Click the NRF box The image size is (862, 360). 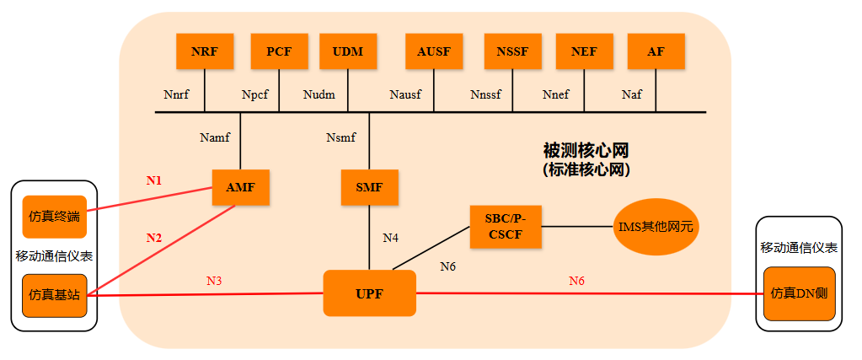coord(204,51)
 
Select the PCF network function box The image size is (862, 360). coord(279,51)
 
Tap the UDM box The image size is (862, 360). coord(348,51)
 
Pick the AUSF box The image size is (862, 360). coord(434,51)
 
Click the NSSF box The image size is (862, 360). coord(512,51)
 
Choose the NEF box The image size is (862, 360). coord(584,51)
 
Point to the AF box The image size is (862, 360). coord(656,51)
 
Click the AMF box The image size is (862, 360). coord(240,187)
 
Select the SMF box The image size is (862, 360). coord(369,187)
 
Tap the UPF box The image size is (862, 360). coord(369,293)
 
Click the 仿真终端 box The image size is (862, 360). coord(54,217)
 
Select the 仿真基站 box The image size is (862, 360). coord(54,294)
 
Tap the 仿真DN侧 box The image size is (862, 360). coord(799,294)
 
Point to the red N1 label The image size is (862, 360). coord(153,180)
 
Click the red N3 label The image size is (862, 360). coord(214,280)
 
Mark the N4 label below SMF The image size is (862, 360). coord(390,239)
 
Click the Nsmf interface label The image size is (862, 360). coord(341,137)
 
